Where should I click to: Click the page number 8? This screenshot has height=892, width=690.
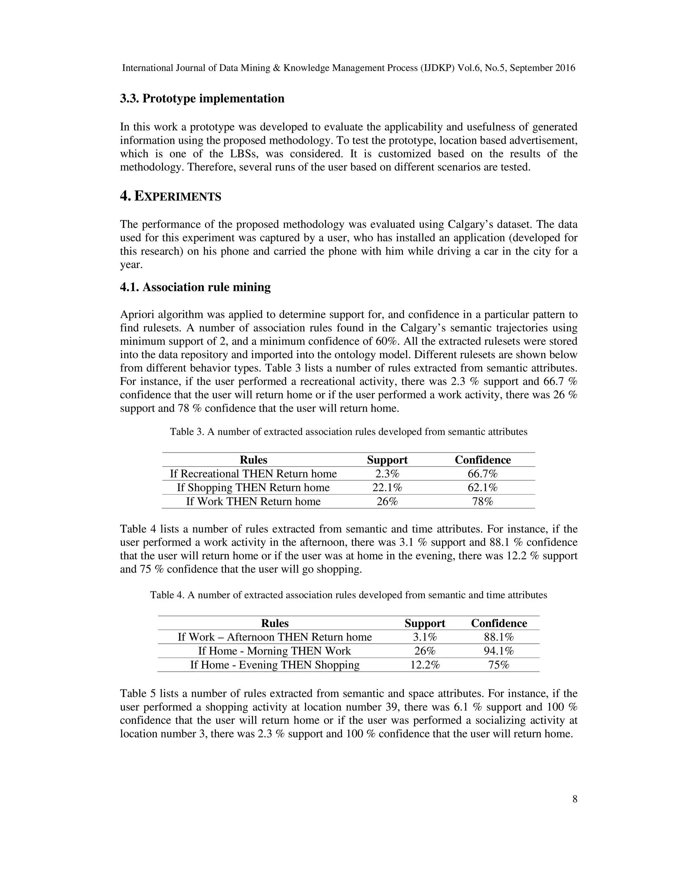574,799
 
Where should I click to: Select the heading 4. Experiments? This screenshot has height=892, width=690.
170,197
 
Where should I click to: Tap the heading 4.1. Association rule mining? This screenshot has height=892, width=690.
195,287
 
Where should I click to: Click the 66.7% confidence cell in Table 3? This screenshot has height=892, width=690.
482,474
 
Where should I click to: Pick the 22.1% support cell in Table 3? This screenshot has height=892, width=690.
387,488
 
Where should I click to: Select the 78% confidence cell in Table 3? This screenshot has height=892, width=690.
482,502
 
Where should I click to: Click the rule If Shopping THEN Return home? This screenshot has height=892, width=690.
253,488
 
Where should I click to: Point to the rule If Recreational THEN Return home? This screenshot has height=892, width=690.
253,474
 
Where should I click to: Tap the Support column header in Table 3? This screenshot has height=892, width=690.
387,460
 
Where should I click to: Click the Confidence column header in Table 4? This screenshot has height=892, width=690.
499,623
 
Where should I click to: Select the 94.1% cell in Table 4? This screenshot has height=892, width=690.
499,651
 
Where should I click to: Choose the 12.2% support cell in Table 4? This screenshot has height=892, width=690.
425,665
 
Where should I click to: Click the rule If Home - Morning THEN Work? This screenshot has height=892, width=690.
274,651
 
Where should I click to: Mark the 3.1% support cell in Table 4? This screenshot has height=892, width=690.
425,637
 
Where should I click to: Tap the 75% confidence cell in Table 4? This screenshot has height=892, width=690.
499,665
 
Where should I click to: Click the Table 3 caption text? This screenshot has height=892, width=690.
348,432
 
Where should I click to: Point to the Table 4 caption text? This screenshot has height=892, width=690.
348,595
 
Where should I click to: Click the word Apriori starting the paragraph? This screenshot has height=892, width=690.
137,315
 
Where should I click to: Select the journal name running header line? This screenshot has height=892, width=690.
348,68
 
